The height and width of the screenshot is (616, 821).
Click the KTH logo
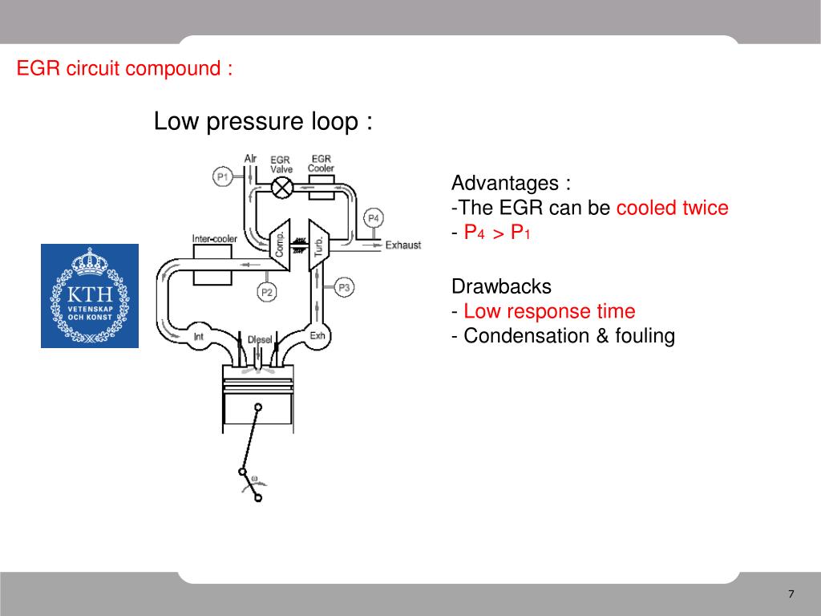tap(90, 296)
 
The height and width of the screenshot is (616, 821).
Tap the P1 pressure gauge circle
tap(223, 176)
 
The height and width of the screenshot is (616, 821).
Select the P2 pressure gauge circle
tap(266, 293)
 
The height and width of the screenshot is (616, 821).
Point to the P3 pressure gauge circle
tap(344, 286)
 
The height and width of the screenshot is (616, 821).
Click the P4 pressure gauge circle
tap(374, 217)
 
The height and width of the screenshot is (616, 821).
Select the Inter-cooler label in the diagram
tap(214, 239)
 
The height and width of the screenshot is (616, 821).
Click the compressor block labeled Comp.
tap(278, 241)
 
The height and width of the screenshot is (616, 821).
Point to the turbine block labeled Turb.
tap(317, 241)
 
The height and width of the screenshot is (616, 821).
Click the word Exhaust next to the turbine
tap(402, 245)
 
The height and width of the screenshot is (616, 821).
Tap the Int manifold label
tap(199, 336)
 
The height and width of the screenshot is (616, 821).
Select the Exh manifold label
tap(317, 335)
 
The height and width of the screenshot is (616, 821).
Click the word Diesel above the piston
tap(260, 339)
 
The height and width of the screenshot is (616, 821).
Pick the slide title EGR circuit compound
tap(125, 69)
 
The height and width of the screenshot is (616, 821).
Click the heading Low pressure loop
tap(263, 123)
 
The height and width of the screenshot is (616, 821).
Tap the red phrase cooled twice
tap(672, 209)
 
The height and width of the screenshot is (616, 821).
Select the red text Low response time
tap(549, 311)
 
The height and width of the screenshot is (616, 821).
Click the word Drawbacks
tap(502, 286)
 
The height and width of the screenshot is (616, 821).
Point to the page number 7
tap(791, 594)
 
